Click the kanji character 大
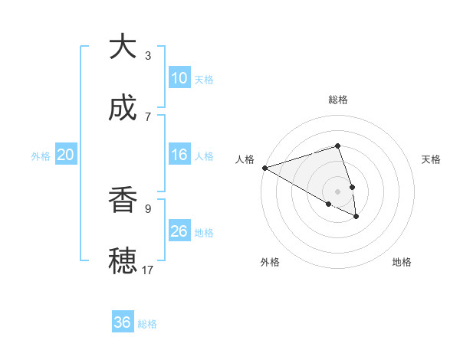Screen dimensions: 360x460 point(123,47)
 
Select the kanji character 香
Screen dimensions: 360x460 point(123,200)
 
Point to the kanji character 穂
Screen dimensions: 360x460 point(123,261)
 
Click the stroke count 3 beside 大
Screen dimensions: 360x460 point(148,55)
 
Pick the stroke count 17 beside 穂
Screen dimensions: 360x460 point(148,270)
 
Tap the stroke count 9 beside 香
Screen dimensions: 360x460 point(148,208)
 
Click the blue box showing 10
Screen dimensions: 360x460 point(179,78)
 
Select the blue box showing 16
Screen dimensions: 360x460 point(179,155)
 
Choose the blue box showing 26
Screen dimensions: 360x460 point(179,231)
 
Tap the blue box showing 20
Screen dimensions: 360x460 point(66,155)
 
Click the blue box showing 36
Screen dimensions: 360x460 point(123,322)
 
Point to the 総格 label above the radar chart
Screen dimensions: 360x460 point(337,100)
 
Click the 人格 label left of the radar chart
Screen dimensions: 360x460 point(245,159)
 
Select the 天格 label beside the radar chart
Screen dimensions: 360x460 point(431,159)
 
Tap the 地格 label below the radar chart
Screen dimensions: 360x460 point(402,262)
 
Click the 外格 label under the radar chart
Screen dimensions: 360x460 point(270,262)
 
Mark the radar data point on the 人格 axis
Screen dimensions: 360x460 point(264,168)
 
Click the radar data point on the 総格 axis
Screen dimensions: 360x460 point(337,146)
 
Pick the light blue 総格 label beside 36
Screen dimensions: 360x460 point(148,324)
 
